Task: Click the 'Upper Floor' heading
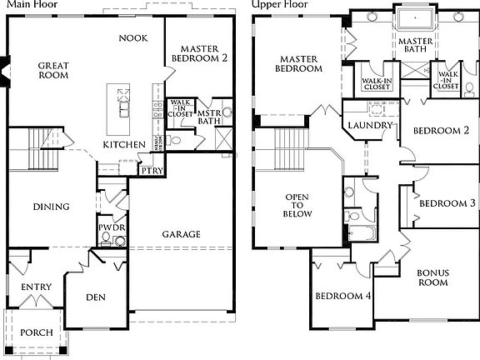tap(280, 4)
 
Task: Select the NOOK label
tap(133, 38)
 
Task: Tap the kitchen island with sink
tap(123, 104)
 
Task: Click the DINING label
tap(51, 207)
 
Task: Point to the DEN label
tap(95, 297)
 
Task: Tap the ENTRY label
tap(36, 287)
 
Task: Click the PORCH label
tap(36, 332)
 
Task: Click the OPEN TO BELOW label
tap(297, 205)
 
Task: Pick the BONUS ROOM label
tap(432, 277)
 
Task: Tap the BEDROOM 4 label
tap(342, 296)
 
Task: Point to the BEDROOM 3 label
tap(447, 203)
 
